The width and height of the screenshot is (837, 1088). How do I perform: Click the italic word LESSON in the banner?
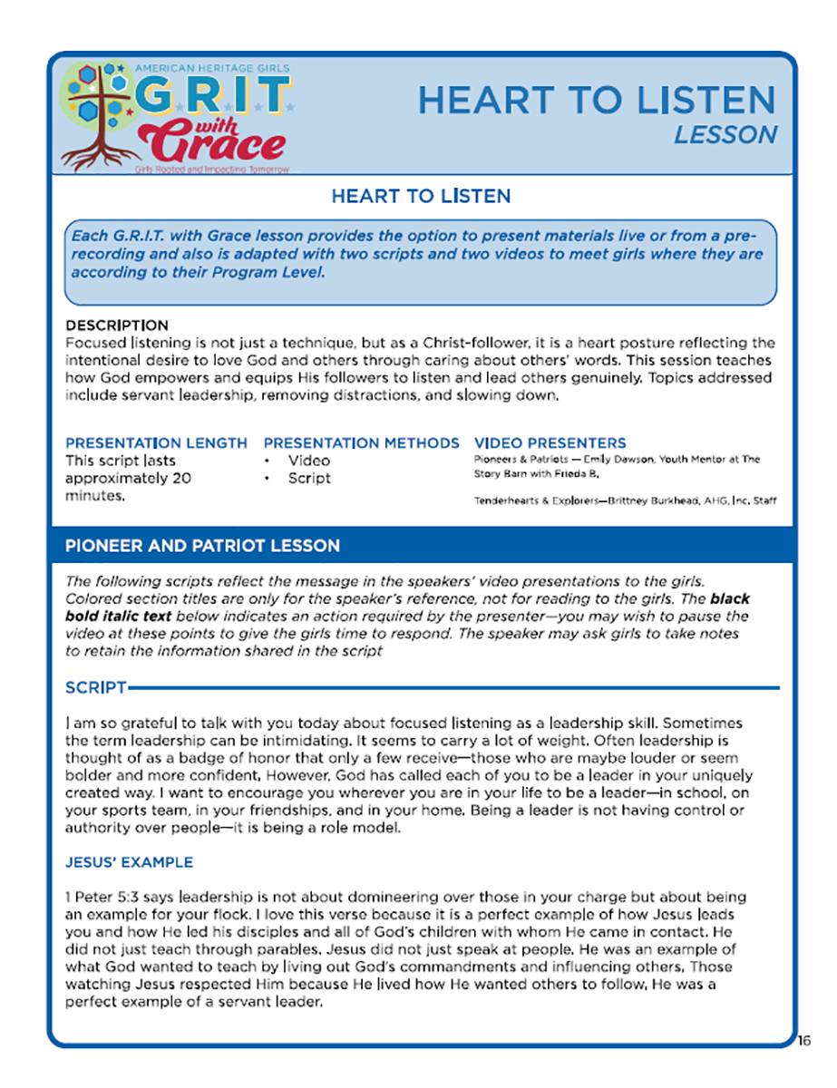(x=725, y=135)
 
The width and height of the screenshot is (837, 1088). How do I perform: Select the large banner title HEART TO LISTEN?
(x=597, y=100)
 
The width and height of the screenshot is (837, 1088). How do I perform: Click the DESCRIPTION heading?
(x=117, y=325)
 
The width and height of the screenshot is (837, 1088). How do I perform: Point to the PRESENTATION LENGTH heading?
(x=156, y=443)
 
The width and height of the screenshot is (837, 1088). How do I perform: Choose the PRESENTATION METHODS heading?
(x=361, y=443)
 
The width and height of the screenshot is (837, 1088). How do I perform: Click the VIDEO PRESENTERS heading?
(x=550, y=443)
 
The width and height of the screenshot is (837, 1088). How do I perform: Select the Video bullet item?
(x=309, y=461)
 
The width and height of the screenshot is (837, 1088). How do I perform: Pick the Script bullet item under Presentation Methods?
(x=309, y=479)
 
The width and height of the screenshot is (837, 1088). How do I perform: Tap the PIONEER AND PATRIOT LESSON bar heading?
(x=202, y=546)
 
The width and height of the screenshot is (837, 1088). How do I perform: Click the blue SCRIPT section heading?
(x=95, y=688)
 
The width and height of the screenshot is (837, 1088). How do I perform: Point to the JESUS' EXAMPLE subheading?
(x=129, y=862)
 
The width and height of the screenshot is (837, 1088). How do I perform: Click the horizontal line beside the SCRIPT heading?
(x=453, y=688)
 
